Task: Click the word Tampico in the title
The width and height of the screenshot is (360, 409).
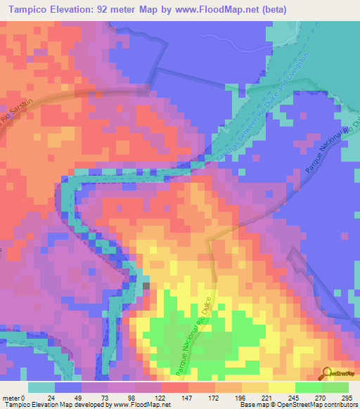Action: click(x=29, y=10)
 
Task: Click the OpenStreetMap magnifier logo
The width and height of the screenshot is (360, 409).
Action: click(x=326, y=374)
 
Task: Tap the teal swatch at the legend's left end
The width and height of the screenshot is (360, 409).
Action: click(x=41, y=387)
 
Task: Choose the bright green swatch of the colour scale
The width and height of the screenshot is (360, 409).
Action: click(x=308, y=387)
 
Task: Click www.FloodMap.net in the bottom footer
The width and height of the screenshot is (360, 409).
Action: click(x=141, y=405)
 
